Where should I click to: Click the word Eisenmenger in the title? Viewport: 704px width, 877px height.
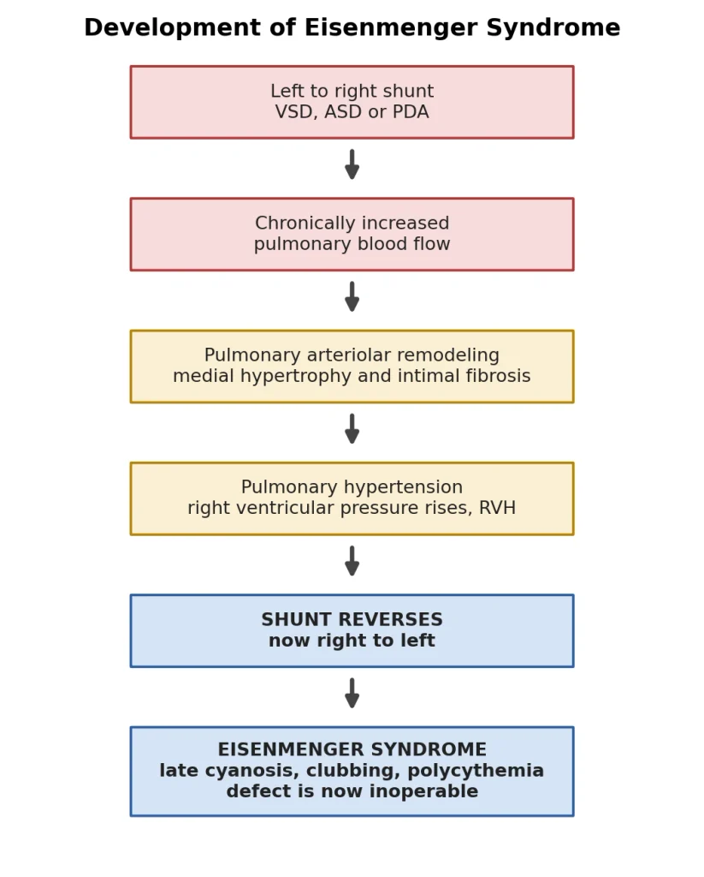(391, 28)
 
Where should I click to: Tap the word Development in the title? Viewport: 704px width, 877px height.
(173, 28)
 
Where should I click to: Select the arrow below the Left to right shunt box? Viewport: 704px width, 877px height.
(352, 164)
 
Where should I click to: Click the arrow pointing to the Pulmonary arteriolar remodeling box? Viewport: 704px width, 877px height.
(352, 296)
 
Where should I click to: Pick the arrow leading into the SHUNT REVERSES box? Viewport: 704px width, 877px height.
(352, 561)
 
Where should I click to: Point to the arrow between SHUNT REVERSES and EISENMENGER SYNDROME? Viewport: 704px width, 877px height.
(352, 693)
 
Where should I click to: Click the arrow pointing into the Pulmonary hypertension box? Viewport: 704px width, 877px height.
(352, 429)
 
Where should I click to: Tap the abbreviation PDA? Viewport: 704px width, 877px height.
(411, 112)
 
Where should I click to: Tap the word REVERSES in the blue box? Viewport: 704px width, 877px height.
(396, 620)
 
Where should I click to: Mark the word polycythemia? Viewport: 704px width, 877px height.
(476, 771)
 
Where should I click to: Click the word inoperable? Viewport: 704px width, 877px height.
(423, 792)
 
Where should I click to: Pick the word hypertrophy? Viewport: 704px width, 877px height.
(296, 377)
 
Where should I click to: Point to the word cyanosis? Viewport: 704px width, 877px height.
(252, 771)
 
